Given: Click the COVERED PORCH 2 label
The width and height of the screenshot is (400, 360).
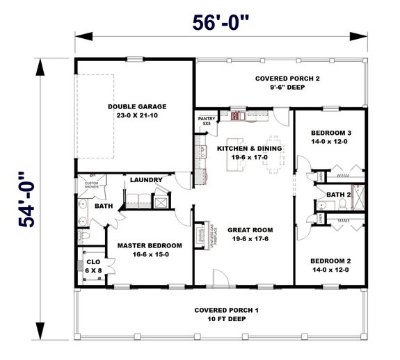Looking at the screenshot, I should click(287, 79).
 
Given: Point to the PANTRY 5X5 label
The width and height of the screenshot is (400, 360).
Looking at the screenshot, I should click(207, 121).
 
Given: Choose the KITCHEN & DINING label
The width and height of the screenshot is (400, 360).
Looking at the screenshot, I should click(248, 148).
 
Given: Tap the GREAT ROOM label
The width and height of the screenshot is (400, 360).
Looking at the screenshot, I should click(248, 229).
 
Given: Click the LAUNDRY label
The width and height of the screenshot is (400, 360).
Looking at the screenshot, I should click(146, 180).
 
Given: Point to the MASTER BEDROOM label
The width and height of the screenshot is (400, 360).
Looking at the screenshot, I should click(150, 245).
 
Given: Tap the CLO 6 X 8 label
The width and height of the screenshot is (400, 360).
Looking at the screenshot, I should click(92, 267).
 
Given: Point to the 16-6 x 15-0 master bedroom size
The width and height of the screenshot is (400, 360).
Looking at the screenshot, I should click(150, 255).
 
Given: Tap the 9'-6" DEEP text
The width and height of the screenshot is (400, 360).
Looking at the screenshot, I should click(287, 88).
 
